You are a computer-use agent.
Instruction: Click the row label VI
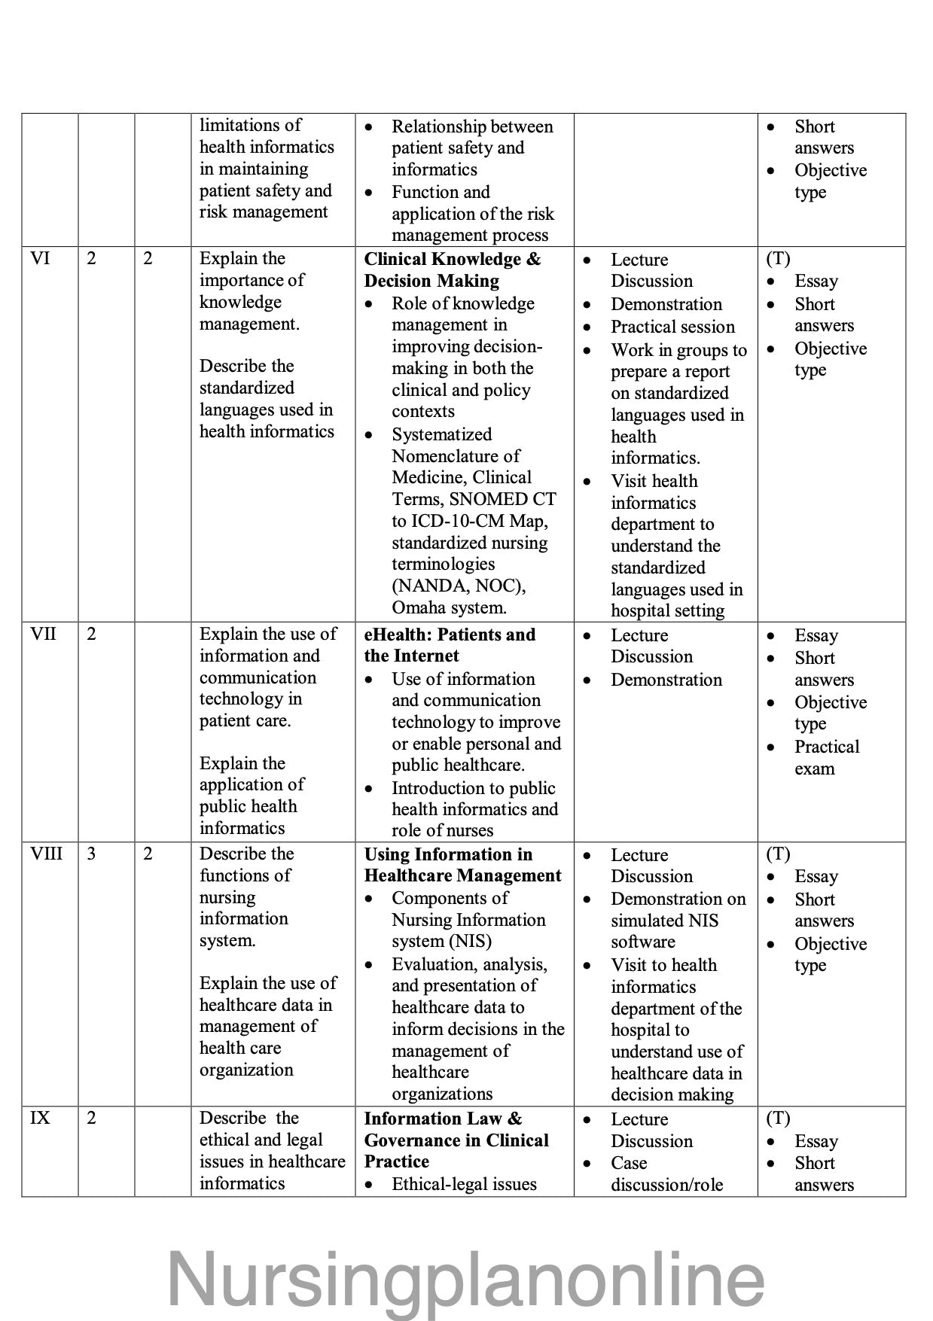click(40, 259)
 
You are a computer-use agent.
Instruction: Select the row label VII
click(43, 634)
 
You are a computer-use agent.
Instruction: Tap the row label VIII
click(46, 854)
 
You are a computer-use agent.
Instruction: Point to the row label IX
click(40, 1119)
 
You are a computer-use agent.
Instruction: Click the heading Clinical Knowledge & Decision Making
click(452, 269)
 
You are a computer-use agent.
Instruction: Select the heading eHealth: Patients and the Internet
click(450, 645)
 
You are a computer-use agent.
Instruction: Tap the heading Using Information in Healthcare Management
click(462, 865)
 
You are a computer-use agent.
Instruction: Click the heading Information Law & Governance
click(456, 1140)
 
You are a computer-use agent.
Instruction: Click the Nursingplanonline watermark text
click(465, 1279)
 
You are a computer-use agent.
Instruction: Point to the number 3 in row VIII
click(91, 854)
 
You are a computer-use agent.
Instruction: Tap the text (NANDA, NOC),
click(459, 586)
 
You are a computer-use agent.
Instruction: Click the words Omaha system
click(449, 607)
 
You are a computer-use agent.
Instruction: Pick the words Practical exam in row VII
click(826, 757)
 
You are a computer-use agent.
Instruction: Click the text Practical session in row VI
click(672, 327)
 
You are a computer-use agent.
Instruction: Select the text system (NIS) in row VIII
click(441, 942)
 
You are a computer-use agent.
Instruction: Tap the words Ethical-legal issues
click(464, 1184)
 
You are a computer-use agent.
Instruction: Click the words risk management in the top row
click(264, 212)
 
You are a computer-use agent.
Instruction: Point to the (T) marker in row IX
click(778, 1119)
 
